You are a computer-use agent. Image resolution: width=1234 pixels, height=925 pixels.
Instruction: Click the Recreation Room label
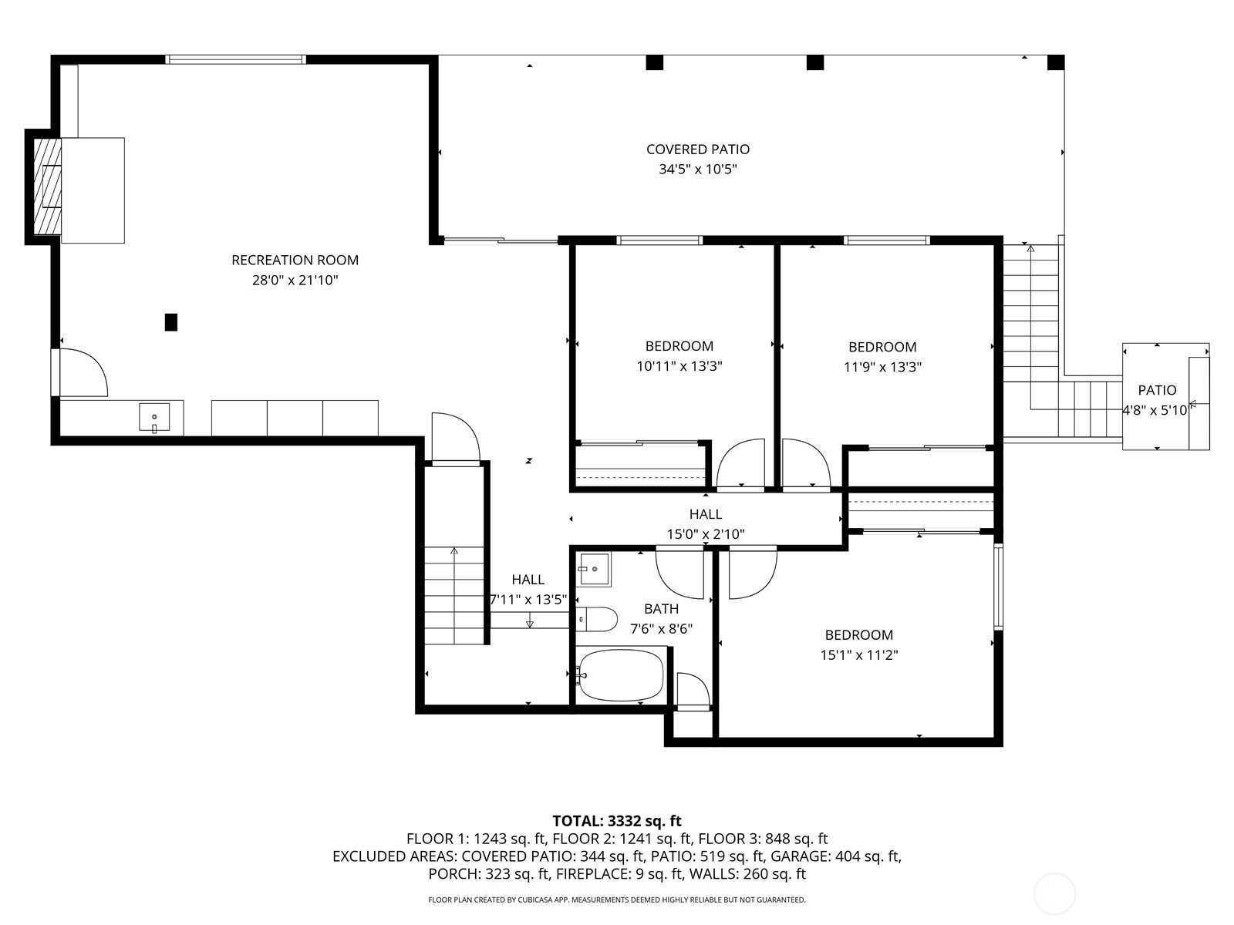click(x=295, y=260)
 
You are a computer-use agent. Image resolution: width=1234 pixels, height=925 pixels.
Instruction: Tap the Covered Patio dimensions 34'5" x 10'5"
click(x=698, y=169)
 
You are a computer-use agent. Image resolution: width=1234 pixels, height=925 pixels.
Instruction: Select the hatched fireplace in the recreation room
click(x=47, y=186)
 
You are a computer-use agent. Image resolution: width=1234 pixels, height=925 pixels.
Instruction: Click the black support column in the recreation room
click(x=171, y=322)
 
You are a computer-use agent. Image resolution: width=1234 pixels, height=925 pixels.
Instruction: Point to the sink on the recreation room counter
click(x=154, y=417)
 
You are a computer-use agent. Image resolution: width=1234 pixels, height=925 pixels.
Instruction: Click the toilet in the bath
click(x=596, y=619)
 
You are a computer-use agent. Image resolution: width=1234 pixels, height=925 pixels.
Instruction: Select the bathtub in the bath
click(x=620, y=675)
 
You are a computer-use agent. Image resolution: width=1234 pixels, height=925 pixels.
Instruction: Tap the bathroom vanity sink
click(x=593, y=570)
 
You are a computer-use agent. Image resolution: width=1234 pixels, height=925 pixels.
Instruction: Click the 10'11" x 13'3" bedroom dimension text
click(x=679, y=367)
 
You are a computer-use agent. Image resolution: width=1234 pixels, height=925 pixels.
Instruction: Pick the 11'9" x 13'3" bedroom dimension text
click(x=882, y=368)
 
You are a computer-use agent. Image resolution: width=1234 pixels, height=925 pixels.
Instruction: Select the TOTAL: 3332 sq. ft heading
click(x=617, y=821)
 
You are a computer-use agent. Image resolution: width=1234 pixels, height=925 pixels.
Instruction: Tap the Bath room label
click(x=661, y=609)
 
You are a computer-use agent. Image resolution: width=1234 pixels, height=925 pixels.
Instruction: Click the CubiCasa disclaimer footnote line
click(x=617, y=900)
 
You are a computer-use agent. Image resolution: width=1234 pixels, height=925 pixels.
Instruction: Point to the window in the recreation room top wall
click(x=235, y=59)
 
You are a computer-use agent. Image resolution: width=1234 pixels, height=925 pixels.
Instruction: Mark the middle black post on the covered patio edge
click(x=814, y=62)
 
